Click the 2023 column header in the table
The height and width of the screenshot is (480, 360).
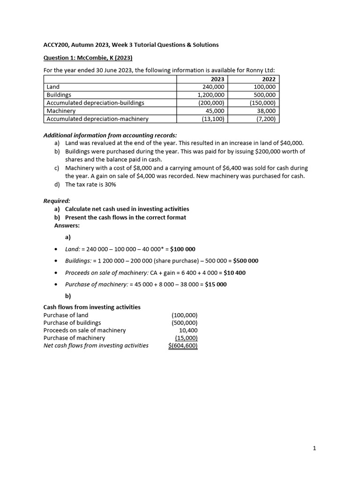point(217,79)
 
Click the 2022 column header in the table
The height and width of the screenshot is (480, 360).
point(269,79)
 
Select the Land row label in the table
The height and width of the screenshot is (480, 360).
point(53,87)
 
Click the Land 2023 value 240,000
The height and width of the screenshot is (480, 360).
point(213,87)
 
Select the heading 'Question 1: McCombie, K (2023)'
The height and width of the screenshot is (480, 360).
point(88,58)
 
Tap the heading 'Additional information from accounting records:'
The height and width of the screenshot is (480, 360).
point(110,135)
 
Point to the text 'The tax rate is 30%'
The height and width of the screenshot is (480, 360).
point(90,184)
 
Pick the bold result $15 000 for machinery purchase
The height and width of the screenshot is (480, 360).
point(216,285)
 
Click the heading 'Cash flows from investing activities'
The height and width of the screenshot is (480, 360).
point(92,307)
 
